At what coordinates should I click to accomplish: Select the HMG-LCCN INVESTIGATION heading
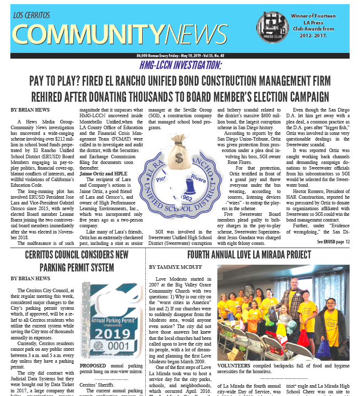pyautogui.click(x=181, y=65)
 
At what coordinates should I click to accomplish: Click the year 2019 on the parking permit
pyautogui.click(x=116, y=332)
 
